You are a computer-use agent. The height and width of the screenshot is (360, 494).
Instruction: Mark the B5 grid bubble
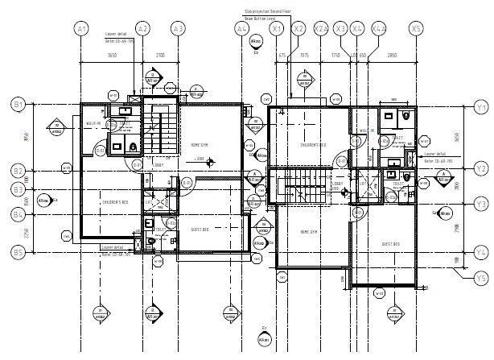coord(18,251)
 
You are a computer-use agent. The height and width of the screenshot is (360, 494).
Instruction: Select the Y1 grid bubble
coord(481,106)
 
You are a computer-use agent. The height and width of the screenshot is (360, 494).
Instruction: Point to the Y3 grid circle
coord(481,204)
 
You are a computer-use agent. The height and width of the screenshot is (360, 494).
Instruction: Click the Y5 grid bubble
coord(481,278)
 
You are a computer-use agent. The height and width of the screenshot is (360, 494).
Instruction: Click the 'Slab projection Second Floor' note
coord(270,11)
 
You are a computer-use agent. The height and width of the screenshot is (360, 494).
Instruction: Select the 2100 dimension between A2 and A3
coord(160,55)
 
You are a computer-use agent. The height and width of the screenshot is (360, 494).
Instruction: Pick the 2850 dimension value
coord(392,55)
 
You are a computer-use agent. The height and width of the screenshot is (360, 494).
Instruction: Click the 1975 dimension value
coord(303,55)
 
